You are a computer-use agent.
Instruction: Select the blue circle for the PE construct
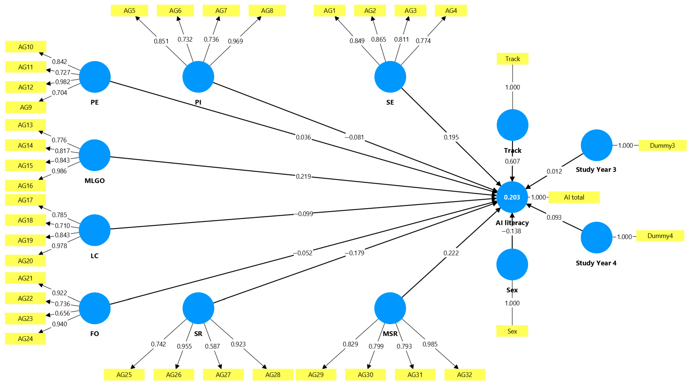[95, 77]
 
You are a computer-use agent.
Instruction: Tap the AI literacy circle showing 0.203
[512, 197]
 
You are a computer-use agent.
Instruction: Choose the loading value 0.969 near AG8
[235, 41]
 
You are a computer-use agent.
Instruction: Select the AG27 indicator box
[223, 374]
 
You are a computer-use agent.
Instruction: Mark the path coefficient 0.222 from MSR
[451, 253]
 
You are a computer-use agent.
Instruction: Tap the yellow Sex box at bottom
[512, 331]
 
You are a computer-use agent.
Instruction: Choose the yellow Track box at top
[512, 59]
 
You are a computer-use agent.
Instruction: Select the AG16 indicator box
[25, 186]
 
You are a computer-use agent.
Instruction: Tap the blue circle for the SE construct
[390, 77]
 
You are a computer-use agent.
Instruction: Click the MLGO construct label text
[95, 180]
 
